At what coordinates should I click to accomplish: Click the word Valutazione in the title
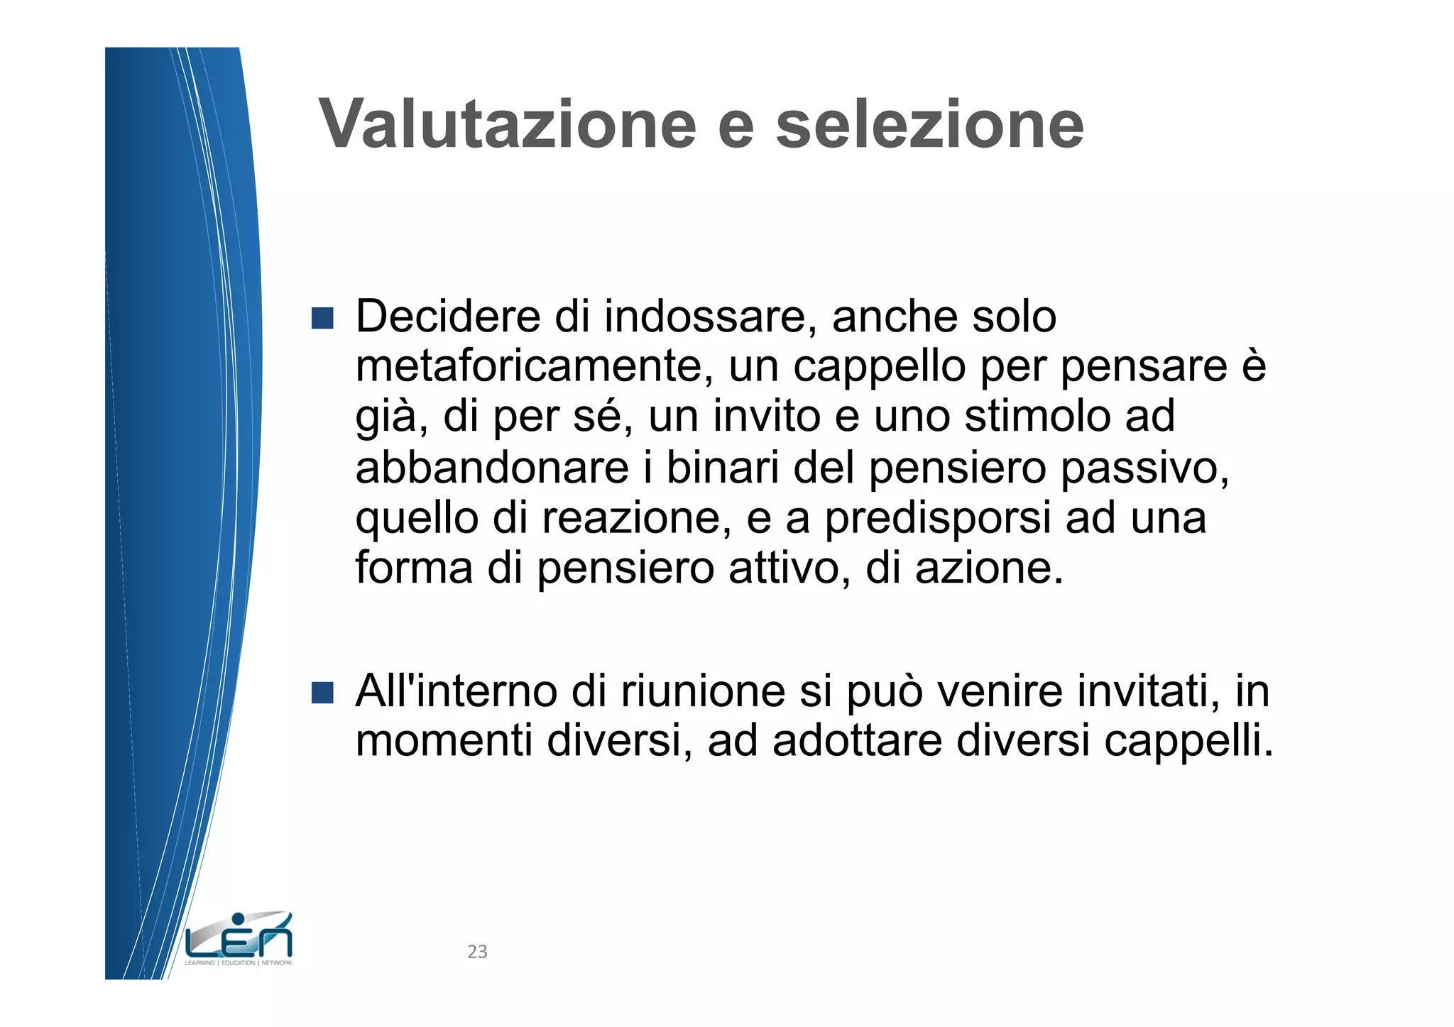[508, 124]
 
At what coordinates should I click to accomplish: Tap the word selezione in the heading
[929, 124]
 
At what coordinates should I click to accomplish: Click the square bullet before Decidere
[322, 318]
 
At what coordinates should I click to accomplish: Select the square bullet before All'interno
[322, 693]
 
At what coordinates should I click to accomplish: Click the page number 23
[477, 952]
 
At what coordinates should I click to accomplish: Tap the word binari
[722, 468]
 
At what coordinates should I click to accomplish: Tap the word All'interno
[457, 691]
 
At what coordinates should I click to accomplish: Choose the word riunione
[703, 691]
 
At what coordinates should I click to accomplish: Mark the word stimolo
[1037, 417]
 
